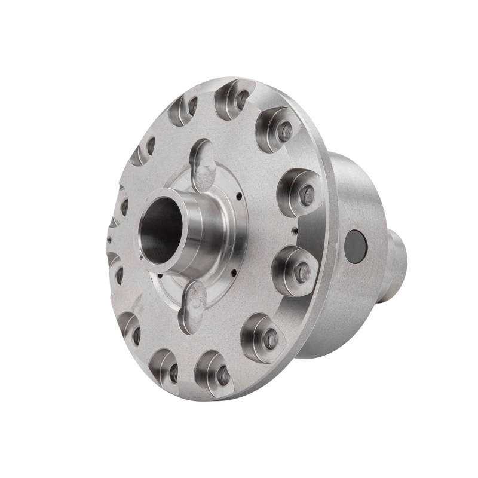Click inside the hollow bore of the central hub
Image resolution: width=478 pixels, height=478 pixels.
point(160,229)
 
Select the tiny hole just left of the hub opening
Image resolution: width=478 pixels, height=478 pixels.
point(140,258)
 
